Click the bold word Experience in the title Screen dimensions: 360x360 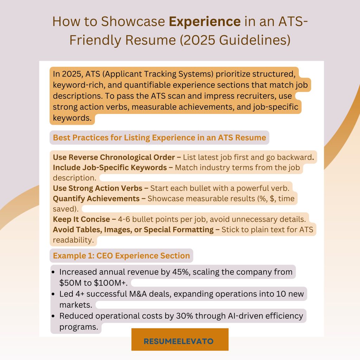(205, 21)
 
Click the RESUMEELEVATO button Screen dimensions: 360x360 (180, 339)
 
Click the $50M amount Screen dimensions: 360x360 (70, 283)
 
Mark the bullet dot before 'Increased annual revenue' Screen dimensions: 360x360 (53, 272)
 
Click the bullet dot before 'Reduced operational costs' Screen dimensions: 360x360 (53, 316)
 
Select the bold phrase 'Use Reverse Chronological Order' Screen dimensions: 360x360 (114, 157)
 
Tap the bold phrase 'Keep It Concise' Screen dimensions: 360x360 (82, 219)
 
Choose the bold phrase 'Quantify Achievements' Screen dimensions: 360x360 (96, 199)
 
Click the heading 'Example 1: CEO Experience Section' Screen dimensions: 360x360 (121, 256)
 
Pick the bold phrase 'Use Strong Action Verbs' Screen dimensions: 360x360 (98, 188)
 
